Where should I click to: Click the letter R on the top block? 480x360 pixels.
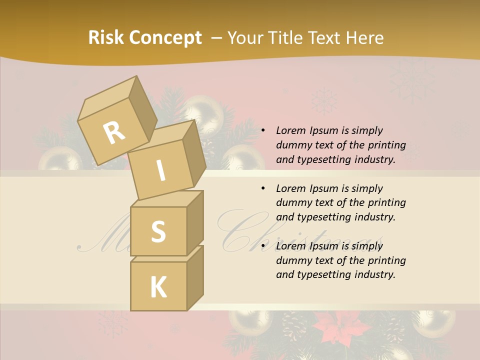point(114,133)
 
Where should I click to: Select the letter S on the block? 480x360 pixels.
point(158,232)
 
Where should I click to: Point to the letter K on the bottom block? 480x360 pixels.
point(158,287)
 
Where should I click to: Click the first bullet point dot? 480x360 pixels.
point(262,131)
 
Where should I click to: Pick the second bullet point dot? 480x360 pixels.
point(262,188)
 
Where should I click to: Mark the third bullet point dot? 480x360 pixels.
point(262,246)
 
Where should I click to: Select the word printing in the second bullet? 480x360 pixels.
point(386,203)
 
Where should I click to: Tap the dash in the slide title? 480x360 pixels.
point(217,38)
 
